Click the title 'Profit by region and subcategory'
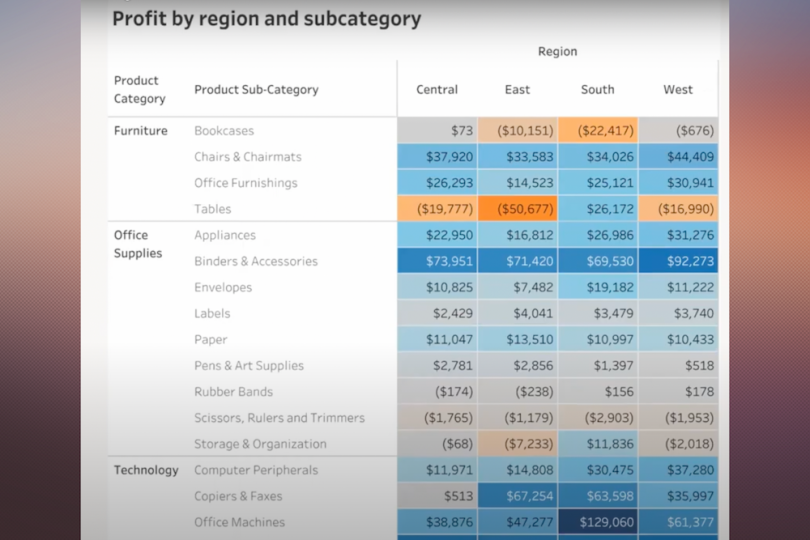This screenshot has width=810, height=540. [266, 19]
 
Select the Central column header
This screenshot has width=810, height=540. [437, 90]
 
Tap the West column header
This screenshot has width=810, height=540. [678, 90]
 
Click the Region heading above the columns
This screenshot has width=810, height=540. [557, 52]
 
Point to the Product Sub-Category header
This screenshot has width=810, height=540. [256, 90]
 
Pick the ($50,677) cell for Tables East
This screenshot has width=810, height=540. [518, 209]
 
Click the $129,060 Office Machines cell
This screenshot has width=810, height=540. [598, 522]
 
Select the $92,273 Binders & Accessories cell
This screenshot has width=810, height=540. [678, 261]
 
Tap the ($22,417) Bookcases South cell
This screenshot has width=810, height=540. [598, 131]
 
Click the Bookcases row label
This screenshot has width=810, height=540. [224, 131]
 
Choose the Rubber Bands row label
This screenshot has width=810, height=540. [233, 392]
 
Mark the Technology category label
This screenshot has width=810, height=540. [146, 470]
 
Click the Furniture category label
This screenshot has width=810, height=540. [141, 131]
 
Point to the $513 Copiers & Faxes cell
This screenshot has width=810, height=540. [437, 496]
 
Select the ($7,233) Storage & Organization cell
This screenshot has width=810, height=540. [518, 444]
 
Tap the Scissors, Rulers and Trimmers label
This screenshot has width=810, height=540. [279, 418]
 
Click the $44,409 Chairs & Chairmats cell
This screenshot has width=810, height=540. [678, 157]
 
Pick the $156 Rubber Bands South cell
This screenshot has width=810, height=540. [598, 392]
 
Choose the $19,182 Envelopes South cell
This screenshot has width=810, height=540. [598, 287]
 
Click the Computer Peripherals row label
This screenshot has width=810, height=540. [256, 470]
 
